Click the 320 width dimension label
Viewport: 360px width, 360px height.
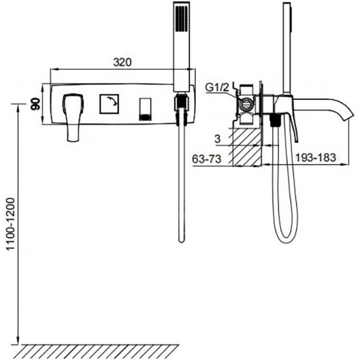pyautogui.click(x=123, y=63)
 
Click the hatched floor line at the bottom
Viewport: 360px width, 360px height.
pyautogui.click(x=99, y=350)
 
